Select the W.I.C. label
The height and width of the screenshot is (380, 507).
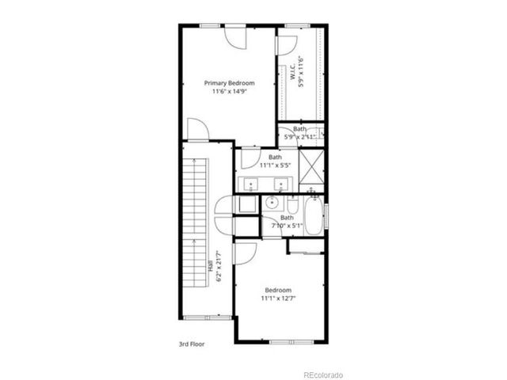pyautogui.click(x=292, y=74)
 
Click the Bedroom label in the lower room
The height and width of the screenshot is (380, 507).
pyautogui.click(x=278, y=290)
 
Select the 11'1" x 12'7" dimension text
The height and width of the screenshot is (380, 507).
pyautogui.click(x=278, y=298)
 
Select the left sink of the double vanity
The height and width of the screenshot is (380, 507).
pyautogui.click(x=251, y=187)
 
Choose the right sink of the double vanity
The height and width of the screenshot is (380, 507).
pyautogui.click(x=280, y=187)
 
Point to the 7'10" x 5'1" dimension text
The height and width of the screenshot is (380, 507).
pyautogui.click(x=286, y=226)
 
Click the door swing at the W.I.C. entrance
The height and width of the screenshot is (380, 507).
pyautogui.click(x=283, y=44)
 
